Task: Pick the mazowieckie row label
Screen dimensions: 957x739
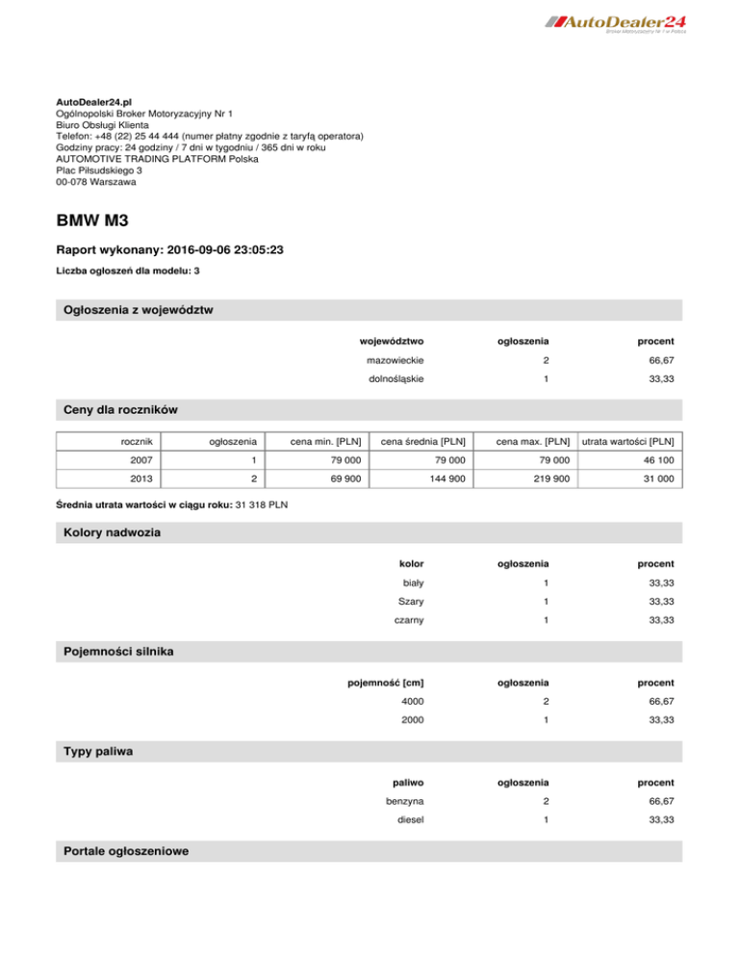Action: click(x=396, y=360)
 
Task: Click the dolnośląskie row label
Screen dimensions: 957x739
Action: click(x=397, y=379)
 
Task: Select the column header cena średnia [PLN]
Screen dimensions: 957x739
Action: click(x=424, y=442)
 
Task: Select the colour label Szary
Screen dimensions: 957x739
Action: click(x=412, y=601)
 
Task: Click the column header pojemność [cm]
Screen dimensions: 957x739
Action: click(x=386, y=683)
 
